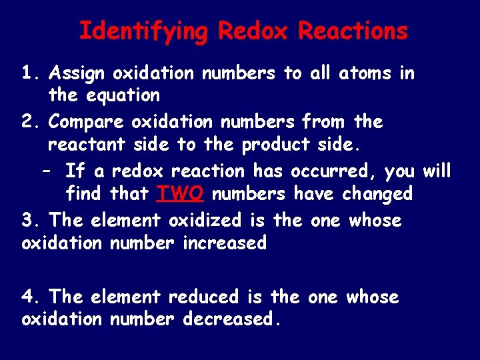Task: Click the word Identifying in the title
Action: click(143, 31)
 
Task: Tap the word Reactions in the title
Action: click(353, 31)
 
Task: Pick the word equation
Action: click(123, 96)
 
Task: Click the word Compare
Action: click(86, 122)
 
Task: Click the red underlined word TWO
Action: click(175, 194)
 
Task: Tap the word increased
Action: click(225, 243)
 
